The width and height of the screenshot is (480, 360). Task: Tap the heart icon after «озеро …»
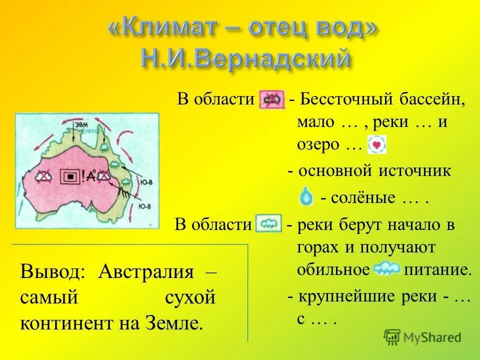pos(376,145)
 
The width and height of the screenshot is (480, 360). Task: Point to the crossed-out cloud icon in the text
pos(271,99)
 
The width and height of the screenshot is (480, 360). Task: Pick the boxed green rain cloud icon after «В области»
pos(268,223)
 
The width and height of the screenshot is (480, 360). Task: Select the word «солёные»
pos(358,197)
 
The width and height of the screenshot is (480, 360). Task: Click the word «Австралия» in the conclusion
pos(146,272)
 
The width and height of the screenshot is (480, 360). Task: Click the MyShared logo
pos(422,336)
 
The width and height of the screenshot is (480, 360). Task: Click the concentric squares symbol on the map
pos(69,176)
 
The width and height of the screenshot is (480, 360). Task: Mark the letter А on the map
pos(92,175)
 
